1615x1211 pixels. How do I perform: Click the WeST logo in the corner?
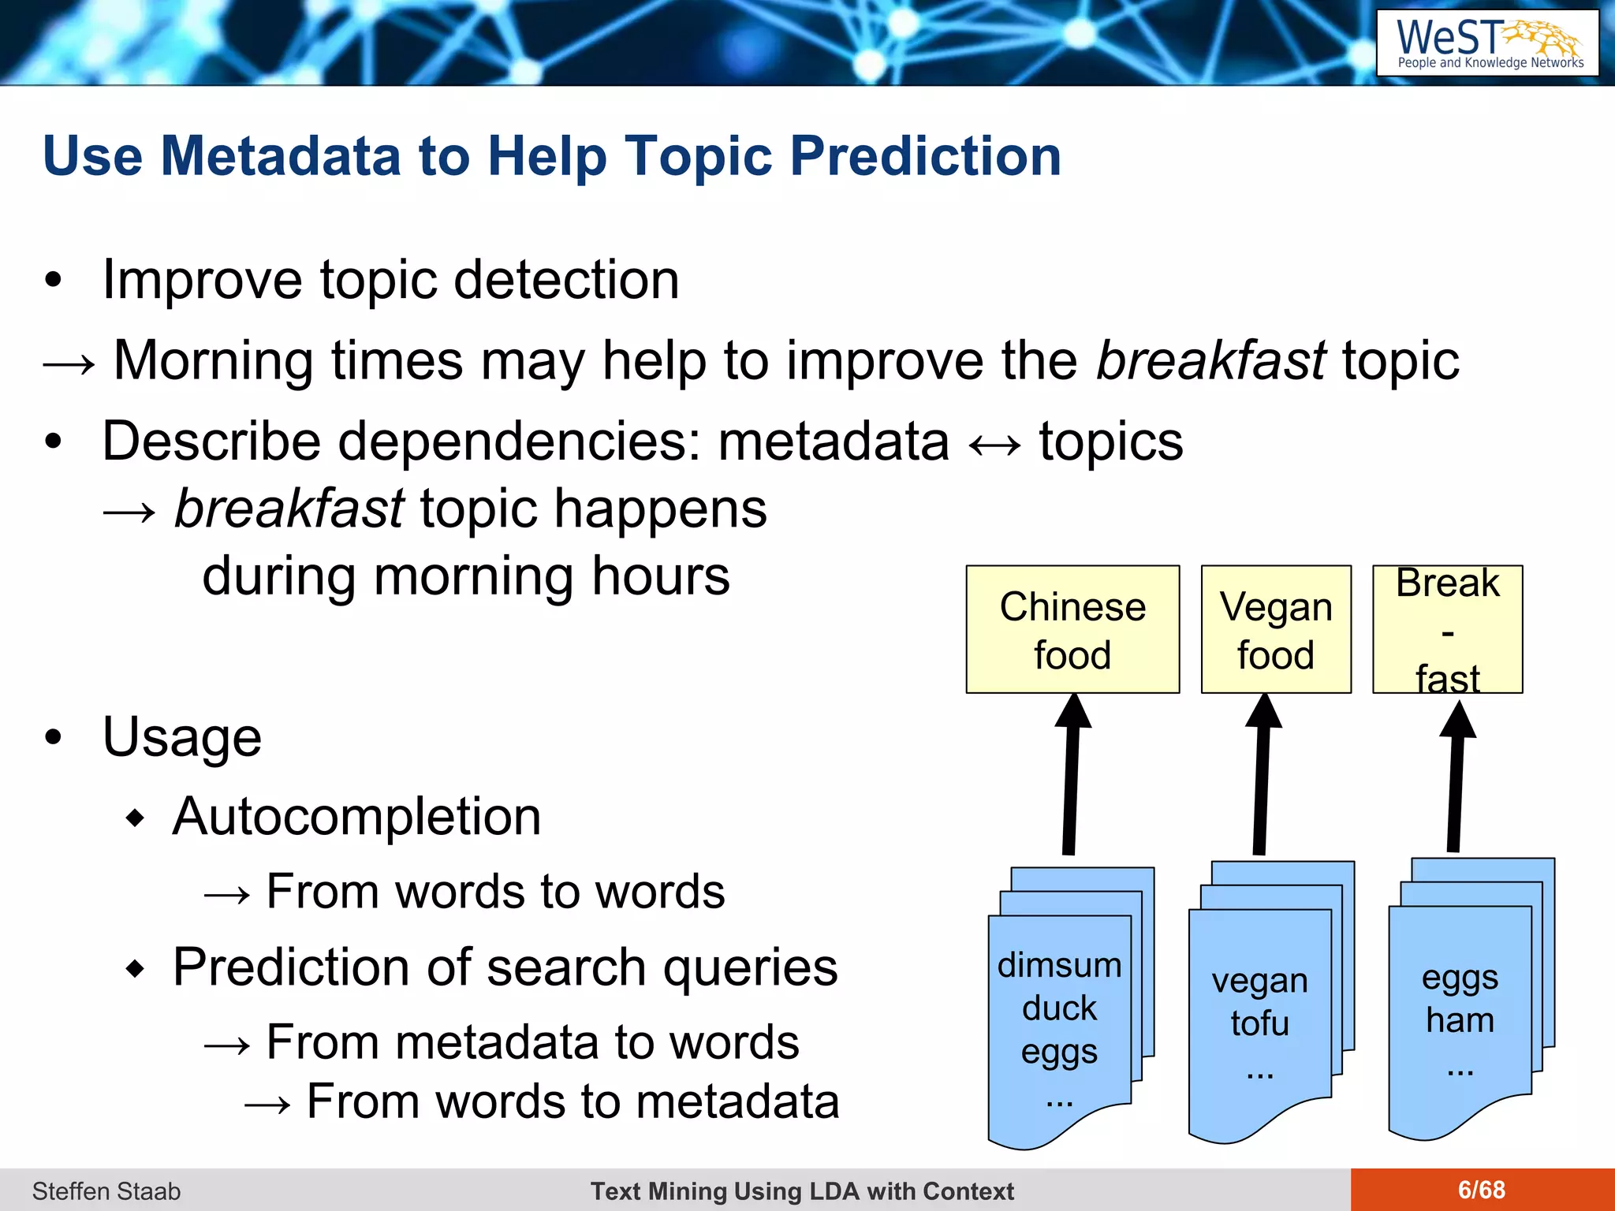tap(1487, 43)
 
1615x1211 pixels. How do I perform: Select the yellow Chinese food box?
tap(1072, 629)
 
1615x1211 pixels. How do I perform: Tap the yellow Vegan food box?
tap(1275, 629)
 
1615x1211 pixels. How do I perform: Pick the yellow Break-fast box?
tap(1447, 629)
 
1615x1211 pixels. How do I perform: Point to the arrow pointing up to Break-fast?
tap(1455, 781)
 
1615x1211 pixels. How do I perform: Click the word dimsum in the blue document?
tap(1059, 965)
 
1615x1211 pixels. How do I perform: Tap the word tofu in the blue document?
tap(1259, 1023)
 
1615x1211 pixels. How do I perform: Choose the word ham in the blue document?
tap(1460, 1020)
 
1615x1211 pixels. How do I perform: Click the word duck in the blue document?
tap(1059, 1008)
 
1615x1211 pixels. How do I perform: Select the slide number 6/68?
tap(1481, 1190)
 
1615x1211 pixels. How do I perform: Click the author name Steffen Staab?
tap(106, 1191)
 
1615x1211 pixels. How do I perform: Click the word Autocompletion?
tap(356, 816)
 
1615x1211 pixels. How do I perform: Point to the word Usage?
tap(181, 737)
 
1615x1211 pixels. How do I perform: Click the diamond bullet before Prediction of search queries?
tap(136, 968)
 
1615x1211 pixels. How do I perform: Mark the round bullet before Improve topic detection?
tap(53, 280)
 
